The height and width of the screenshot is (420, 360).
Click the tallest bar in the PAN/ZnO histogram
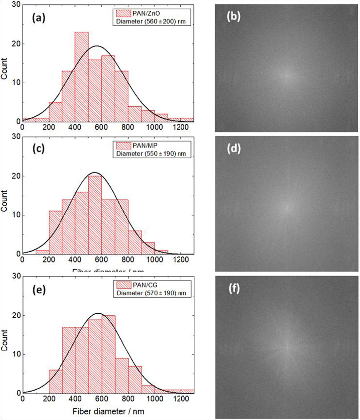pyautogui.click(x=82, y=77)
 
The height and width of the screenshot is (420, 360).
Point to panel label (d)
pyautogui.click(x=234, y=148)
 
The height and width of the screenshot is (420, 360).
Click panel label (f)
pyautogui.click(x=234, y=288)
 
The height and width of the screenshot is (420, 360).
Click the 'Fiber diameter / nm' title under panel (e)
pyautogui.click(x=108, y=411)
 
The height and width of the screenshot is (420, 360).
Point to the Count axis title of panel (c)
pyautogui.click(x=4, y=201)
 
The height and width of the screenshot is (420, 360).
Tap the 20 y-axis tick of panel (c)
pyautogui.click(x=15, y=176)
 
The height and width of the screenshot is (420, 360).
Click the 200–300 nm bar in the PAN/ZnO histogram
pyautogui.click(x=55, y=112)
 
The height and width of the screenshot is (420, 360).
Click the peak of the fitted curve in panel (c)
pyautogui.click(x=95, y=173)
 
